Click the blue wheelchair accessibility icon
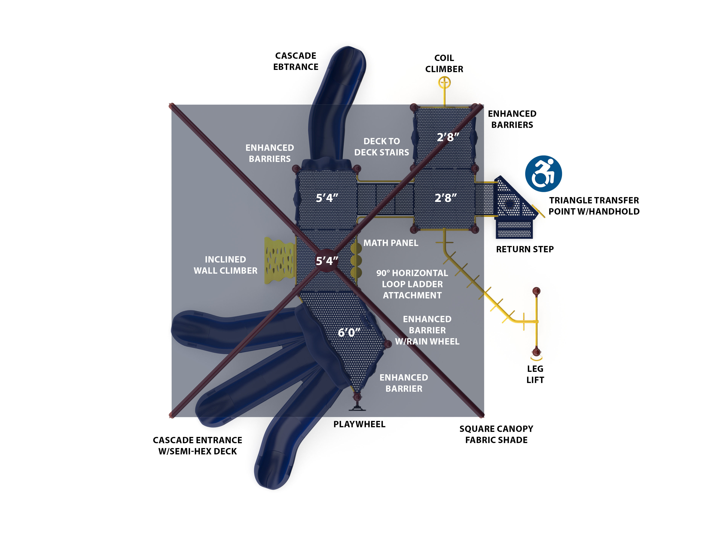(x=543, y=174)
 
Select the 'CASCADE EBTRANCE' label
(x=296, y=61)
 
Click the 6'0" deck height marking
(x=349, y=332)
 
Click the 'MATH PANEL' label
(x=391, y=243)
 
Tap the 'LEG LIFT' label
(x=535, y=374)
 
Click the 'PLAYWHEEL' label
(x=359, y=424)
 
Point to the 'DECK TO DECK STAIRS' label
(x=382, y=147)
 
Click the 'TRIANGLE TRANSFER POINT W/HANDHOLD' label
(x=594, y=206)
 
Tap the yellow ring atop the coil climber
(x=444, y=83)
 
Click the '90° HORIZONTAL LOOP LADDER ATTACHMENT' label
(x=412, y=284)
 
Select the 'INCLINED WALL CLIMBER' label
(x=225, y=265)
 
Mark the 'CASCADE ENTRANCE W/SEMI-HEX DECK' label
(x=197, y=446)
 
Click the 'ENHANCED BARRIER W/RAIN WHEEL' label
(x=427, y=330)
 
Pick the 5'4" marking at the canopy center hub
(x=327, y=261)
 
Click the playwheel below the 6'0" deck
(x=357, y=403)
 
